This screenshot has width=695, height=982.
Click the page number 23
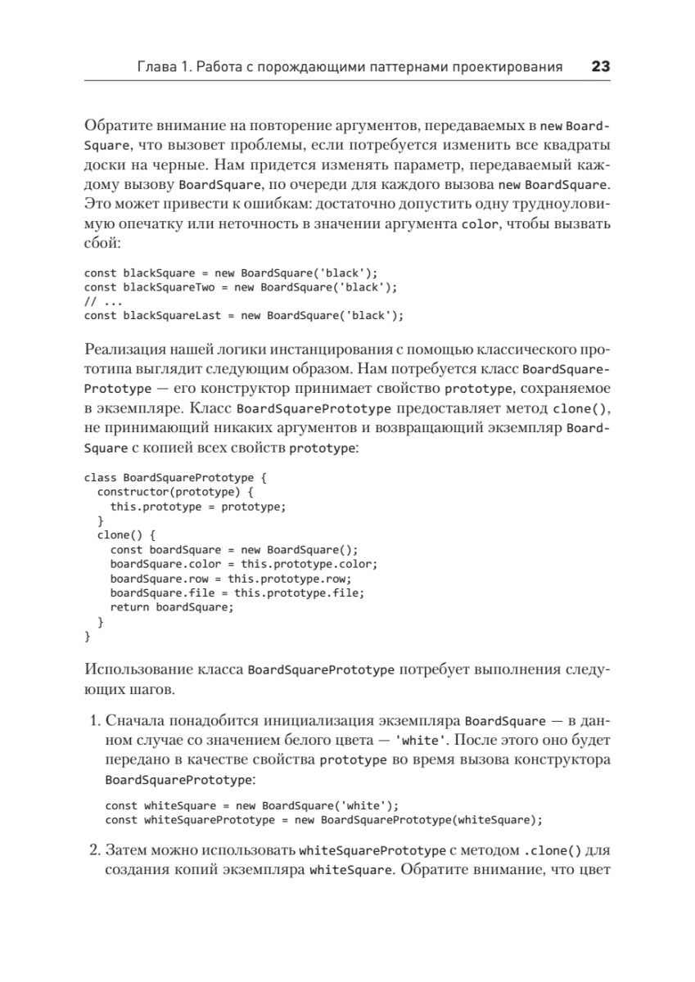click(x=600, y=67)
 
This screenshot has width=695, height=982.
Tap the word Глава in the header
click(x=153, y=67)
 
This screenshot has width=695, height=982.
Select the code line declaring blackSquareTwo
click(x=240, y=287)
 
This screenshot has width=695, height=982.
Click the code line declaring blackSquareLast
click(x=244, y=315)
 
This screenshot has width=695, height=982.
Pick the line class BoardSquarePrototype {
click(x=175, y=477)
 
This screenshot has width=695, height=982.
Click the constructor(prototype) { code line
click(x=177, y=492)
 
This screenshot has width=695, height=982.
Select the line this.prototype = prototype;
click(x=198, y=507)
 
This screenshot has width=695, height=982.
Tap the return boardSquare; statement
click(x=172, y=607)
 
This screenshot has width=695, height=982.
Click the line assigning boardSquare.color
click(x=243, y=564)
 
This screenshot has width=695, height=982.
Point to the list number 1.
click(x=93, y=722)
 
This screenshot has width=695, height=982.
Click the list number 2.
click(x=93, y=850)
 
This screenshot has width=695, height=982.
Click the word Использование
click(x=135, y=669)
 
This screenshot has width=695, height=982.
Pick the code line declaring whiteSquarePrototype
click(x=324, y=820)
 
